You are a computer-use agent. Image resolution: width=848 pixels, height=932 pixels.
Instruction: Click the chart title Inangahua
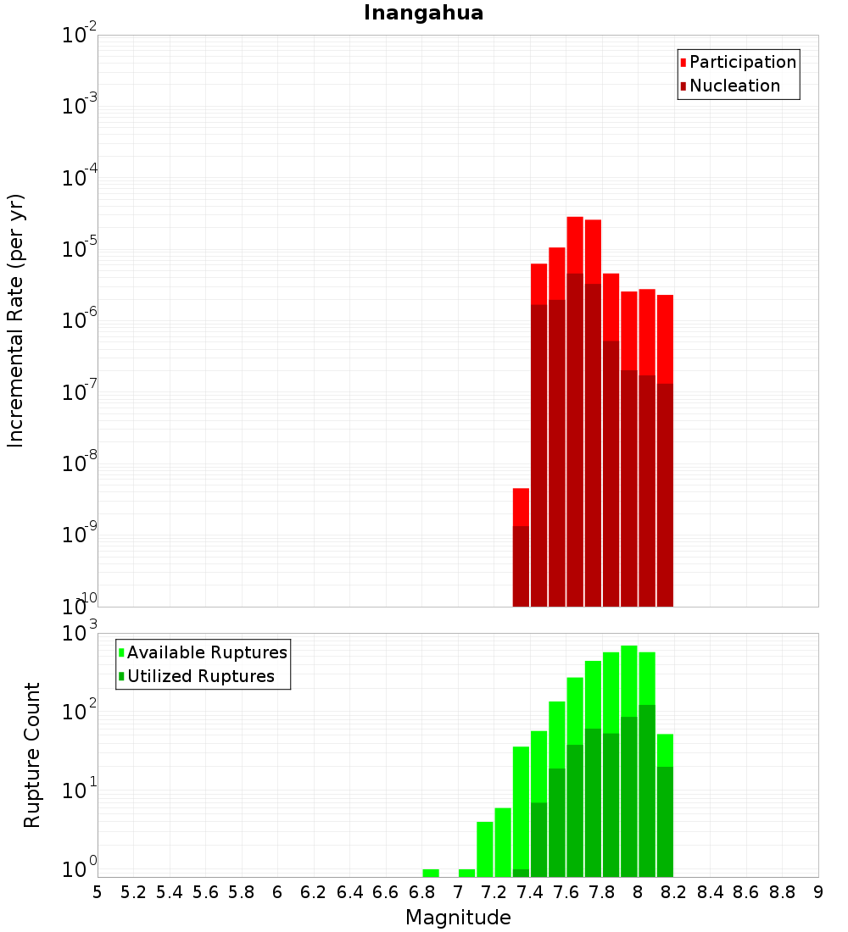[x=423, y=14]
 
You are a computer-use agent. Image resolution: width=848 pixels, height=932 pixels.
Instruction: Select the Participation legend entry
[x=742, y=62]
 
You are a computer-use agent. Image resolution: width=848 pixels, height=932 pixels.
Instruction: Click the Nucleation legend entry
[x=734, y=86]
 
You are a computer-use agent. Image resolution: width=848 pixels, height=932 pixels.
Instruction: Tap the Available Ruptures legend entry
[x=206, y=652]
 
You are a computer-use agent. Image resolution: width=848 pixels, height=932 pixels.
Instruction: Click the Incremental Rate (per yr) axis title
[x=16, y=320]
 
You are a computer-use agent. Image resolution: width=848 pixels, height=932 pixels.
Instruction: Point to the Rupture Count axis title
[x=32, y=755]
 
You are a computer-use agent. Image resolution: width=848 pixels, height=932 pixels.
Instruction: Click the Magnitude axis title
[x=458, y=917]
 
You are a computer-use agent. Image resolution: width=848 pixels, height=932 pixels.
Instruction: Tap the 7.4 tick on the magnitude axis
[x=530, y=891]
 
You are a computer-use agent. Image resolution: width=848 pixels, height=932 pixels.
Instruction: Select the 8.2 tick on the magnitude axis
[x=674, y=891]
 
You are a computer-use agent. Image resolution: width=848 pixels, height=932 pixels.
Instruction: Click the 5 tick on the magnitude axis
[x=98, y=891]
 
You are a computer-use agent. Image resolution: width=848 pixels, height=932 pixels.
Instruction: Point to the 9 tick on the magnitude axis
[x=818, y=891]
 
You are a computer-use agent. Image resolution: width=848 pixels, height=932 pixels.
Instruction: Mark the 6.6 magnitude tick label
[x=386, y=891]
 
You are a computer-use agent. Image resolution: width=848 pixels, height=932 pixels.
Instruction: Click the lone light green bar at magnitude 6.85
[x=431, y=873]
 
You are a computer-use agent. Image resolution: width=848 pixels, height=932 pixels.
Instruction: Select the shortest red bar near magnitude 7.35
[x=521, y=507]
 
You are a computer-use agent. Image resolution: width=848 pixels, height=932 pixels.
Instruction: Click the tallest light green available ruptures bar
[x=629, y=678]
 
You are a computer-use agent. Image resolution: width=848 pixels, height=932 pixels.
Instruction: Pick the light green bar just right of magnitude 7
[x=466, y=873]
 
